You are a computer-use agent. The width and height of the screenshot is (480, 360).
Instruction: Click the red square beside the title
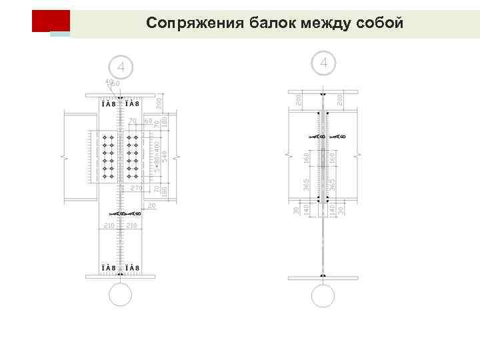[50, 21]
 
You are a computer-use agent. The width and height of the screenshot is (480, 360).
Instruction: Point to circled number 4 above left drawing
[121, 67]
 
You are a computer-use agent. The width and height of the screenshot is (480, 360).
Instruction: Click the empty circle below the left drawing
[121, 293]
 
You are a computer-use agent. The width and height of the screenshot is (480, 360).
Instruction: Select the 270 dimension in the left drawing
[136, 189]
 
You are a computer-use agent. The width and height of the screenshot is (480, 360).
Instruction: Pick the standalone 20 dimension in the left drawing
[152, 207]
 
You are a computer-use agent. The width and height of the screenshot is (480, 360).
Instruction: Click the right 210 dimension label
[132, 227]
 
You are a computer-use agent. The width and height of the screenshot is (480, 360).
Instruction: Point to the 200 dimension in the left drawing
[159, 102]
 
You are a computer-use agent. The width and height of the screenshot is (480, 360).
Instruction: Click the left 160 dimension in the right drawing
[306, 159]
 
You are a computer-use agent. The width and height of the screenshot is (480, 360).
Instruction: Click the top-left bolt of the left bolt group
[105, 136]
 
